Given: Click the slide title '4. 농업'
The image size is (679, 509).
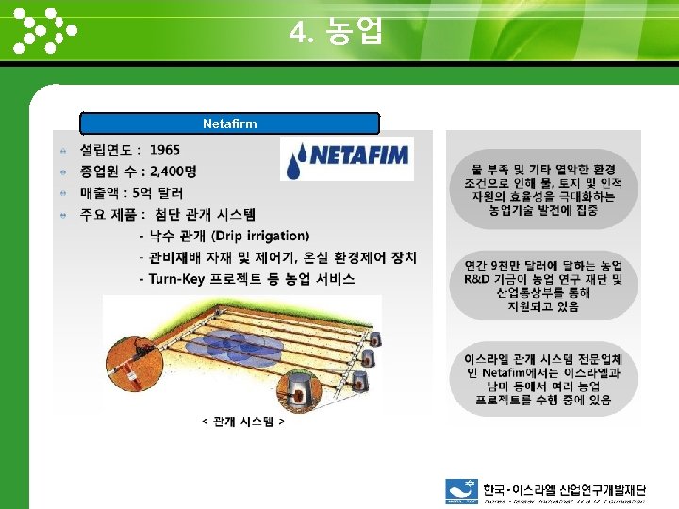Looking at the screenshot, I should click(x=337, y=33).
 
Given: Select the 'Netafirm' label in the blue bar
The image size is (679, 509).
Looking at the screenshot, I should click(x=229, y=123).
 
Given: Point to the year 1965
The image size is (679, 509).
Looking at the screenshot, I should click(x=164, y=150).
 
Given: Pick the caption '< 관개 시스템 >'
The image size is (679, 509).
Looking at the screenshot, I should click(x=243, y=420).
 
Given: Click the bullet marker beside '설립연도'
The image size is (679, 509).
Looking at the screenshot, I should click(x=62, y=151).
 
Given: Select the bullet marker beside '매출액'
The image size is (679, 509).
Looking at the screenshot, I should click(x=62, y=193).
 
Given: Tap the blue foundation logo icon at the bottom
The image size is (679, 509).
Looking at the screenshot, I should click(x=462, y=490).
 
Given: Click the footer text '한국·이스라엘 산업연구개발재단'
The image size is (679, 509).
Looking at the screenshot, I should click(x=564, y=490).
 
